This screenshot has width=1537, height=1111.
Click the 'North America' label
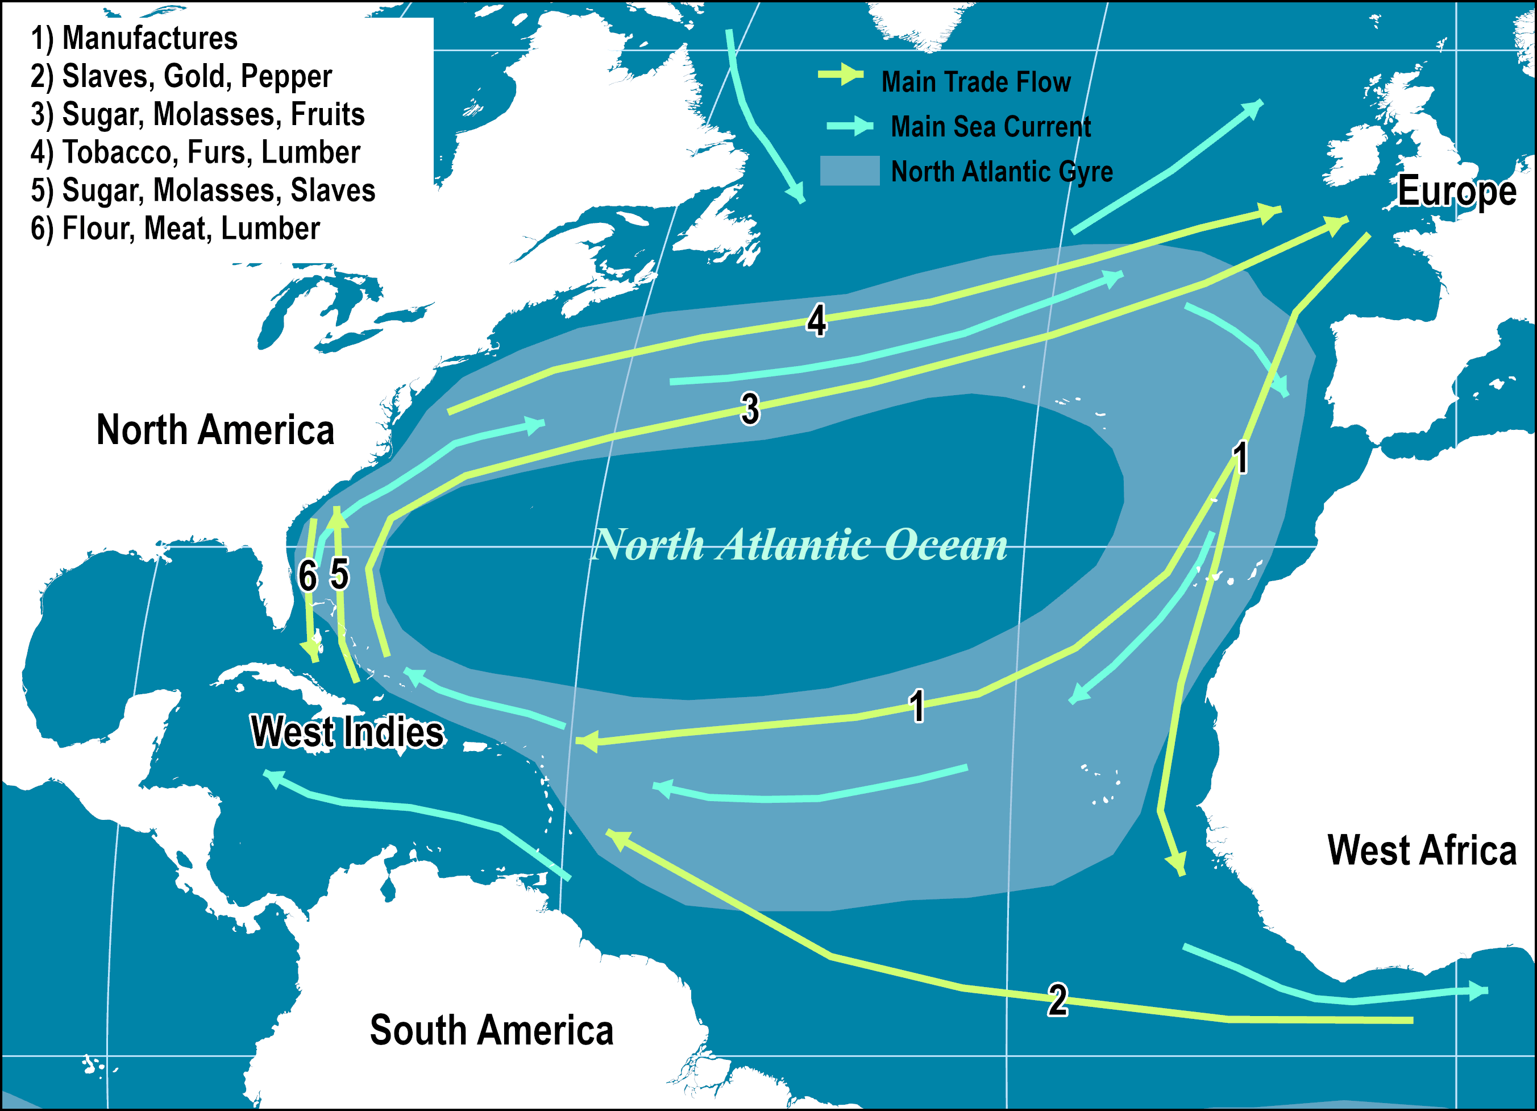coord(215,430)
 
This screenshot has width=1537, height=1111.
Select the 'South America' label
coord(491,1030)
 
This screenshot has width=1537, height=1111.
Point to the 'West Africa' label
coord(1422,850)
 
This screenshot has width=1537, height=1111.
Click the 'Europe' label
coord(1456,191)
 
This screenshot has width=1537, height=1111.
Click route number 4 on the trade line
coord(817,321)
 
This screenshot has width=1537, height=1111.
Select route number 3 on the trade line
coord(750,409)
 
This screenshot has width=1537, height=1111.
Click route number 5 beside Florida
coord(339,574)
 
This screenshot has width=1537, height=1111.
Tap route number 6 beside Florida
coord(308,576)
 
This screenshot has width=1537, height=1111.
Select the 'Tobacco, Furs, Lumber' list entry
coord(210,152)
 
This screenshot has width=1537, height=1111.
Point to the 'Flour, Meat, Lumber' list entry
coord(190,229)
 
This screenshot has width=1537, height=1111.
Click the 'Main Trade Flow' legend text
coord(975,82)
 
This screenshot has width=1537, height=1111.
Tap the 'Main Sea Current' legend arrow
coord(850,126)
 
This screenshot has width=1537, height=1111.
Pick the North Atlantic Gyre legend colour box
coord(850,171)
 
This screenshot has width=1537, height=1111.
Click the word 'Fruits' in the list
coord(327,114)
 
